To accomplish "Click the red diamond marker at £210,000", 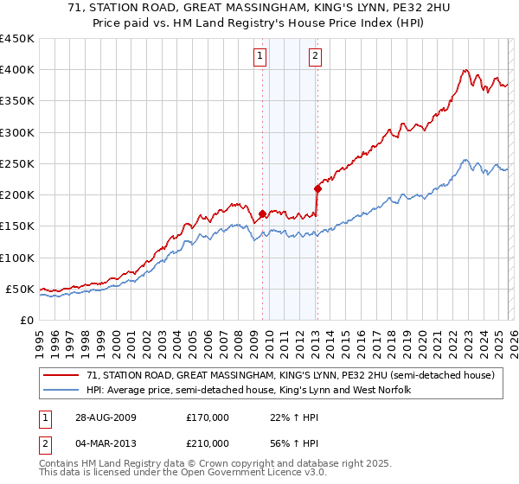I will (317, 188).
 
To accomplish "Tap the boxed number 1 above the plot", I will (260, 57).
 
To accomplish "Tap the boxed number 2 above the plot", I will (315, 57).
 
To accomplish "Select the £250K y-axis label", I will (17, 163).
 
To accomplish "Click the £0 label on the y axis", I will (26, 320).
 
